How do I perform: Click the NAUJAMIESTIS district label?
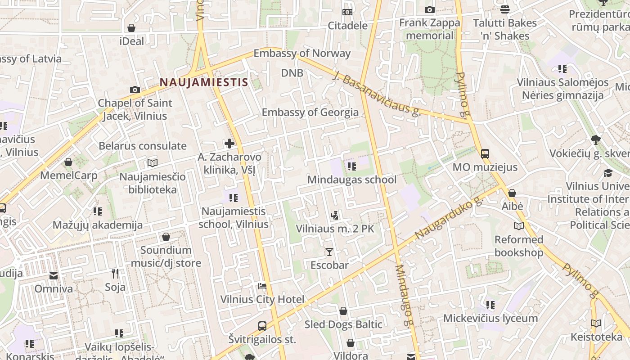point(204,82)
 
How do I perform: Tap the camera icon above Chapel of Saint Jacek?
point(135,90)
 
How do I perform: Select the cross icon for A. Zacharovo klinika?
point(229,144)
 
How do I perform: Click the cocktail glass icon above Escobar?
point(329,252)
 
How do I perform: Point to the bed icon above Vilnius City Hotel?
point(262,286)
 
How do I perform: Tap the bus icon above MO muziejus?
point(485,154)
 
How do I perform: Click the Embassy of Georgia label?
point(310,112)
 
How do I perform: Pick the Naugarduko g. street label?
point(448,219)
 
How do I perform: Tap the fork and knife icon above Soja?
point(115,273)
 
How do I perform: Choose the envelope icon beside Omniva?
point(54,275)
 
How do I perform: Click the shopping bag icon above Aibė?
point(512,193)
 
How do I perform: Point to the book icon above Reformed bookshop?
point(518,226)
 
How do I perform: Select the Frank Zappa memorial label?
point(429,29)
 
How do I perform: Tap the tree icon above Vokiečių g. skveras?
point(596,140)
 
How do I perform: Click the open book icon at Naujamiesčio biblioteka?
point(153,163)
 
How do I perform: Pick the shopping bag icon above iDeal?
point(131,28)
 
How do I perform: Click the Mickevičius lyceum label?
point(490,318)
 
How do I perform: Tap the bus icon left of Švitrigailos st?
point(262,326)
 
